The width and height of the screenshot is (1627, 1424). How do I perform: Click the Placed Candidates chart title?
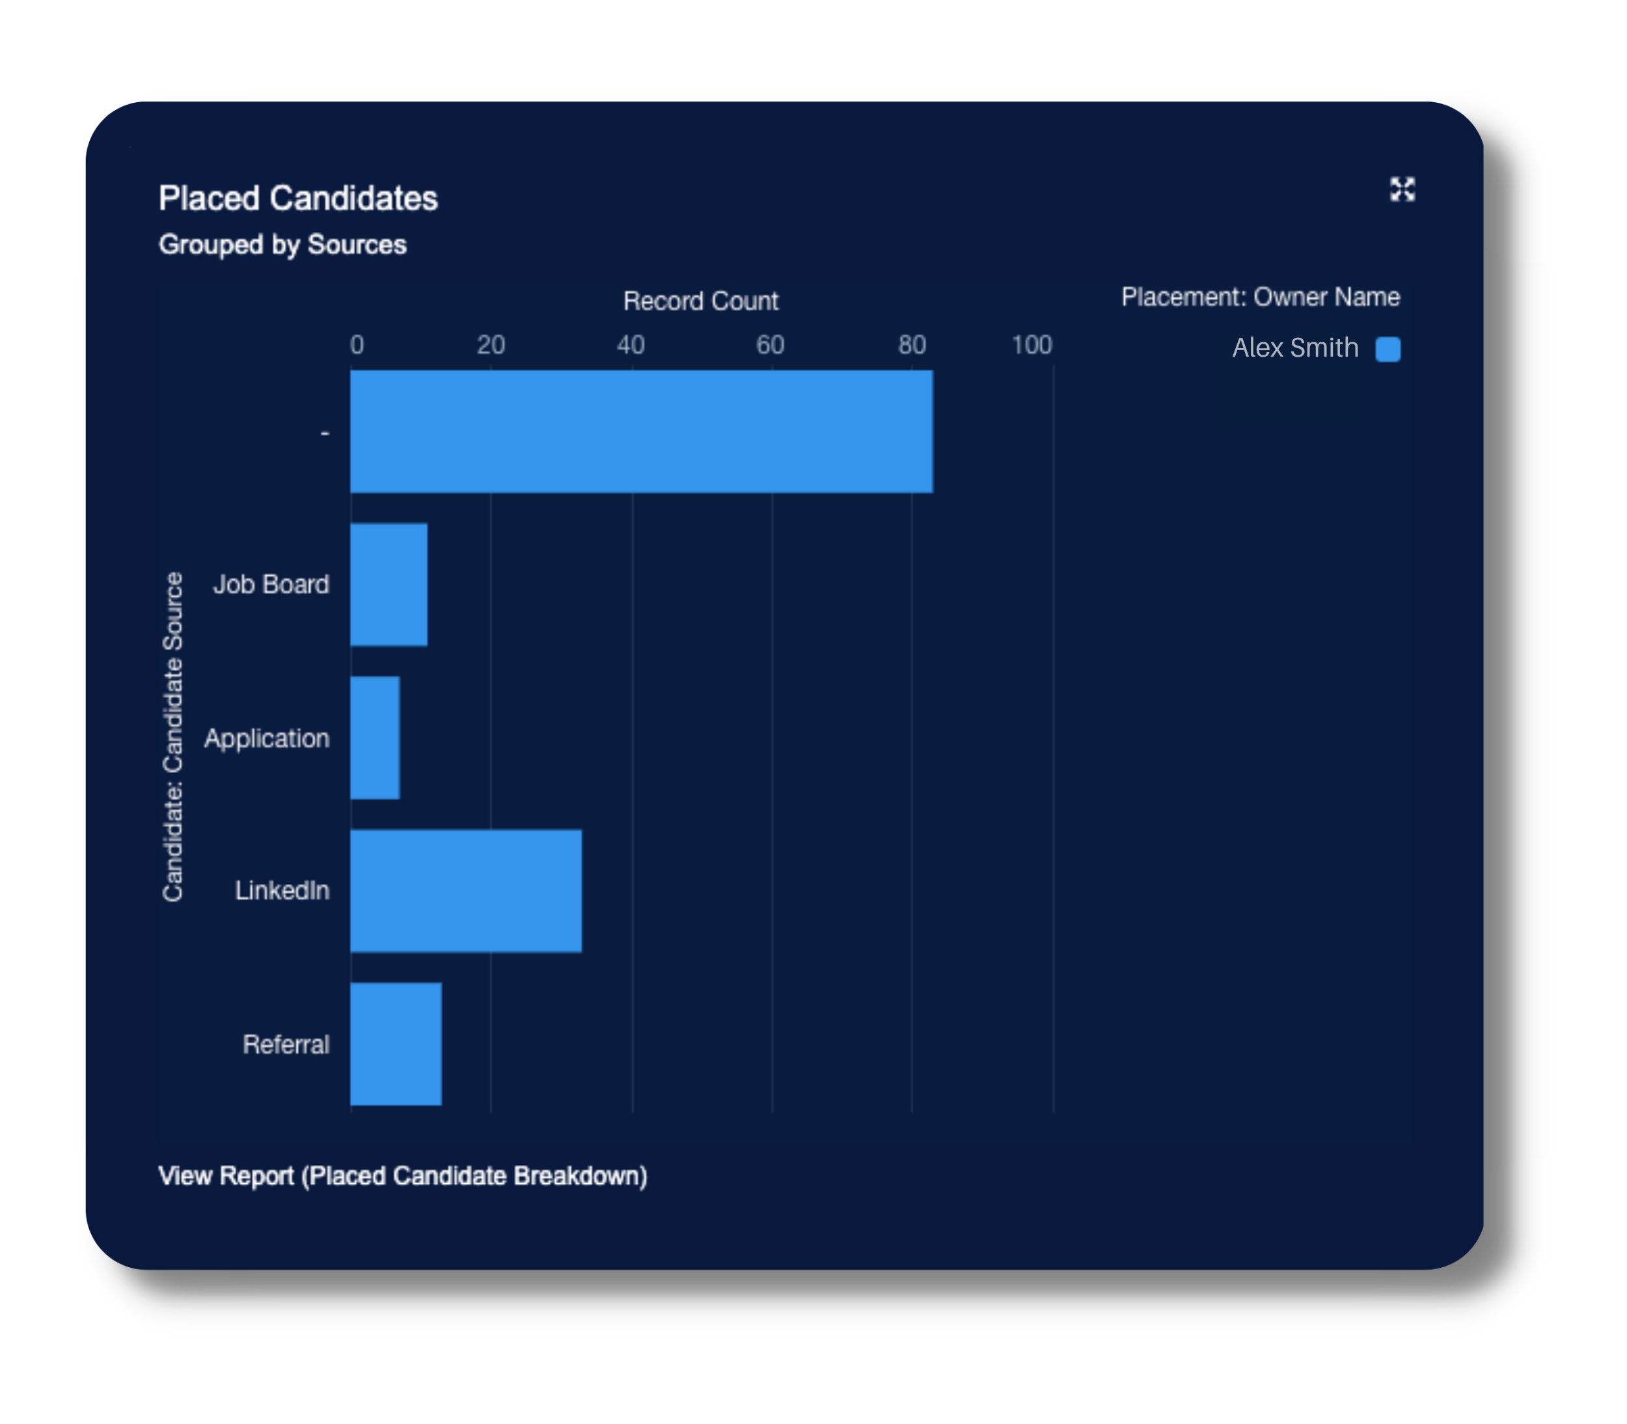pyautogui.click(x=298, y=199)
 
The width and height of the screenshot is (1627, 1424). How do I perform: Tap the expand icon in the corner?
pyautogui.click(x=1402, y=189)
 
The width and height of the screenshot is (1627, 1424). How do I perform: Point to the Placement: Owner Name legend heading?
pyautogui.click(x=1260, y=297)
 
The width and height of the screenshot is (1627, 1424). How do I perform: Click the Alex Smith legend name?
pyautogui.click(x=1295, y=348)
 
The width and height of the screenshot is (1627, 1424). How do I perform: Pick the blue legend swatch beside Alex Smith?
pyautogui.click(x=1388, y=349)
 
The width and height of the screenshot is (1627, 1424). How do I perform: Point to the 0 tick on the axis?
pyautogui.click(x=357, y=345)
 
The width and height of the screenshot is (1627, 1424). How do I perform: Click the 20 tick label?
pyautogui.click(x=491, y=345)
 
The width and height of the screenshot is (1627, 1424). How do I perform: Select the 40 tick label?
pyautogui.click(x=631, y=345)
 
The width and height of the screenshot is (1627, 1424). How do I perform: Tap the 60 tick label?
pyautogui.click(x=770, y=345)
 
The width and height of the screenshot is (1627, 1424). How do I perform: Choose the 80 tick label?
pyautogui.click(x=912, y=345)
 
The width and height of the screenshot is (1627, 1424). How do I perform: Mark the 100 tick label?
pyautogui.click(x=1031, y=345)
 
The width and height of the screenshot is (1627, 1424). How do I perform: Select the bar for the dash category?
pyautogui.click(x=641, y=431)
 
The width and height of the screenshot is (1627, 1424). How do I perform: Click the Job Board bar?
pyautogui.click(x=389, y=585)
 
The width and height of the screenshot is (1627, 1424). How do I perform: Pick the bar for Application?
pyautogui.click(x=375, y=738)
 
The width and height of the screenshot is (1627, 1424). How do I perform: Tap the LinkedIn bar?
pyautogui.click(x=465, y=891)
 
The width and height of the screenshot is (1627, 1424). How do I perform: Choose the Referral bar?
pyautogui.click(x=396, y=1044)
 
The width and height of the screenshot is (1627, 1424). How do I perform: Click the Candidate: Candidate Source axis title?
pyautogui.click(x=173, y=737)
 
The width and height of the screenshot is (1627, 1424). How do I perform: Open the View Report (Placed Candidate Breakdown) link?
pyautogui.click(x=403, y=1176)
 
